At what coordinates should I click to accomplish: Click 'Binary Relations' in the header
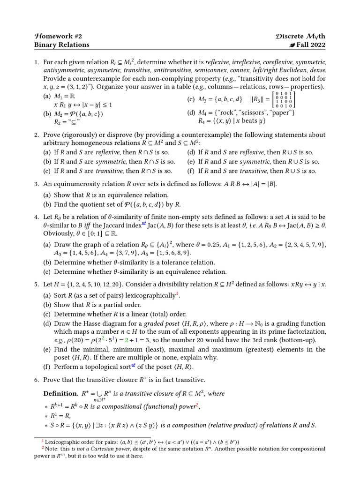click(61, 45)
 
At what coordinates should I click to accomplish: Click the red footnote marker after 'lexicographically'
click(177, 293)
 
